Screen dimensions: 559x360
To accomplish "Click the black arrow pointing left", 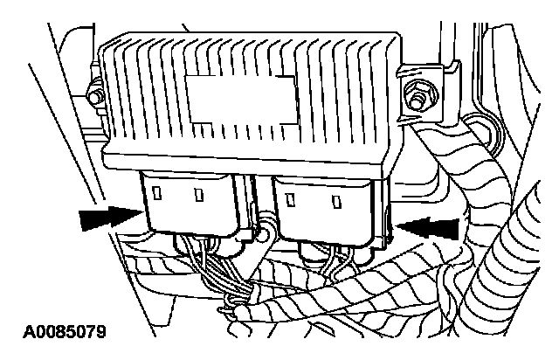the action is (x=431, y=226).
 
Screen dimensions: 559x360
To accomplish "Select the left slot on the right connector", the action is (x=289, y=197).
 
